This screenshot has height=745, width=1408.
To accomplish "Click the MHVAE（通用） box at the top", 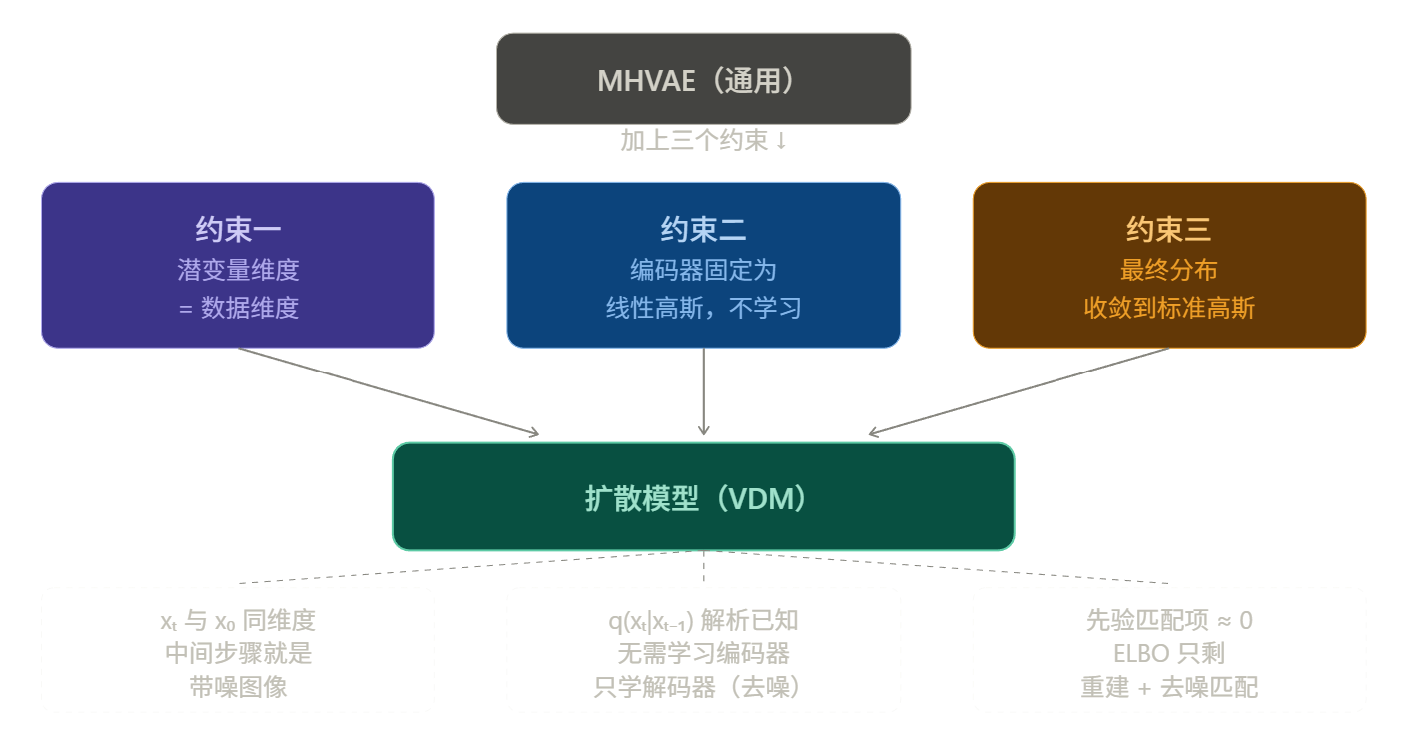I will click(703, 79).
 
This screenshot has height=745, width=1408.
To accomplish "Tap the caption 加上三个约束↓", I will click(703, 141).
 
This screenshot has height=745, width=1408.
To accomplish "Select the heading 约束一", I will click(238, 231).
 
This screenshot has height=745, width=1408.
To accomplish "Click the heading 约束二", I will click(703, 231).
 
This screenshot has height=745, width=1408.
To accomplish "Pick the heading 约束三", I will click(1168, 231).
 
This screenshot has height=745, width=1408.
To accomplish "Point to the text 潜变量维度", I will click(238, 270).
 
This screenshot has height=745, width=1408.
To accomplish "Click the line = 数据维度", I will click(238, 308).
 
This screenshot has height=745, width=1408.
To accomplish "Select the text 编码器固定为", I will click(703, 270).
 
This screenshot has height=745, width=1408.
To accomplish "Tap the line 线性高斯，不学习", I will click(703, 308).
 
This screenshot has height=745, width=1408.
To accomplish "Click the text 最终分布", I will click(1168, 270).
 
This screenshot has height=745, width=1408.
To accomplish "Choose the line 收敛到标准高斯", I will click(1168, 308).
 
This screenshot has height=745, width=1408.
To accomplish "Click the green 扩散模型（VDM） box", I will click(703, 497).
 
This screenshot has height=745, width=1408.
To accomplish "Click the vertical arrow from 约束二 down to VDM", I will click(703, 391).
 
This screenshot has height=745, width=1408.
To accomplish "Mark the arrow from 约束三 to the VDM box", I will click(1019, 391).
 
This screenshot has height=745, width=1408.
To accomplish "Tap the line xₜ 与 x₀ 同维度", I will click(238, 621).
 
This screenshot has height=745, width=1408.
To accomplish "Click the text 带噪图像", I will click(238, 687).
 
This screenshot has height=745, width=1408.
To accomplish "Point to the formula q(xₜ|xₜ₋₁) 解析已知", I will click(703, 621).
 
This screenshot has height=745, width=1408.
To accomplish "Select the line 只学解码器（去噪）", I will click(703, 687).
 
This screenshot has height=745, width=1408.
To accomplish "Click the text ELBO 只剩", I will click(1168, 654).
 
